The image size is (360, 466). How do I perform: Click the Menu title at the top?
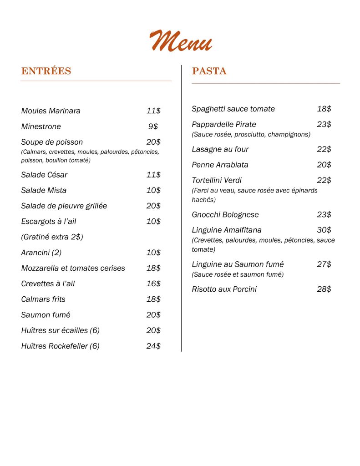tap(181, 41)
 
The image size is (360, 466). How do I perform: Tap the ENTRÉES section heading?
tap(46, 71)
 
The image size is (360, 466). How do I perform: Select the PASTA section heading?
tap(209, 71)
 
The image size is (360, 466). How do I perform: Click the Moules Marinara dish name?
tap(51, 111)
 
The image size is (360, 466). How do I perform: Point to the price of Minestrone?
tap(153, 127)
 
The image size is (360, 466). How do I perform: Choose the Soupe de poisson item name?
tap(52, 142)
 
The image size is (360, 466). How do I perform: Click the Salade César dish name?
tap(44, 175)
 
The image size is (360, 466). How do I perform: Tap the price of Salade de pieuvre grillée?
tap(153, 206)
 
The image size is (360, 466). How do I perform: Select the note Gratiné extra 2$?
tap(52, 237)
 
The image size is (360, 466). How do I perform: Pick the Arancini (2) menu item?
tap(41, 253)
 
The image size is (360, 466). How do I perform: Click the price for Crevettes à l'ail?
tap(153, 284)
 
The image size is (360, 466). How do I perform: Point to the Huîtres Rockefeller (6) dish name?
tap(60, 346)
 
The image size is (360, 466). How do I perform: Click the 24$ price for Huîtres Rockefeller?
tap(153, 346)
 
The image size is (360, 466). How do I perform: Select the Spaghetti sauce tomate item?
tap(233, 109)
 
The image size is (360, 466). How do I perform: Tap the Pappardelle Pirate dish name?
tap(224, 124)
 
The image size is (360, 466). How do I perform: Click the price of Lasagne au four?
tap(324, 149)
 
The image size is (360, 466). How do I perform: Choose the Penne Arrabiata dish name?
tap(220, 165)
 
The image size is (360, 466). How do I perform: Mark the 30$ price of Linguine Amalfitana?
tap(324, 230)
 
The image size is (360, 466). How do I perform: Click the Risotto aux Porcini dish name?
tap(224, 289)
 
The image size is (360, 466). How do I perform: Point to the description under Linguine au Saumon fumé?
tap(238, 274)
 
